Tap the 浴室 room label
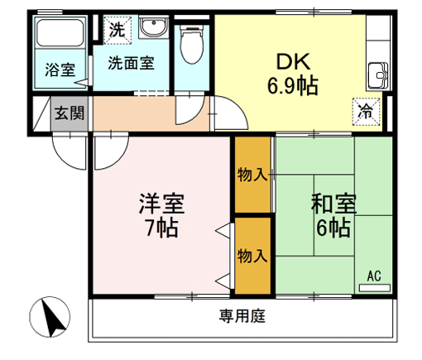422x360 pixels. [60, 70]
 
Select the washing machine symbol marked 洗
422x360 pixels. [117, 30]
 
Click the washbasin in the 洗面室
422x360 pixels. [154, 26]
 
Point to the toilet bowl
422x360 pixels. [192, 45]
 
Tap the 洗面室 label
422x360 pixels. [131, 63]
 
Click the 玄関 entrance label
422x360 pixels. [70, 113]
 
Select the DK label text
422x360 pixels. [293, 61]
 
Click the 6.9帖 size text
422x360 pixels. [293, 86]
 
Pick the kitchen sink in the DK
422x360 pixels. [378, 75]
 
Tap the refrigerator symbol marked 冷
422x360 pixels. [366, 112]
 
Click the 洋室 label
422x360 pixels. [161, 204]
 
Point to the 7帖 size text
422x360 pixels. [162, 228]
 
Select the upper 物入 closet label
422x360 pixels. [252, 175]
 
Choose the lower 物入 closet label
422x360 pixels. [252, 256]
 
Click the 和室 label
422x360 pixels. [333, 204]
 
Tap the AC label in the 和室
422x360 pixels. [374, 276]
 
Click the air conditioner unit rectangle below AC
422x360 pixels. [375, 288]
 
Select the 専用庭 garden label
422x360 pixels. [242, 316]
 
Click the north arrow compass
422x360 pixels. [50, 317]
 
